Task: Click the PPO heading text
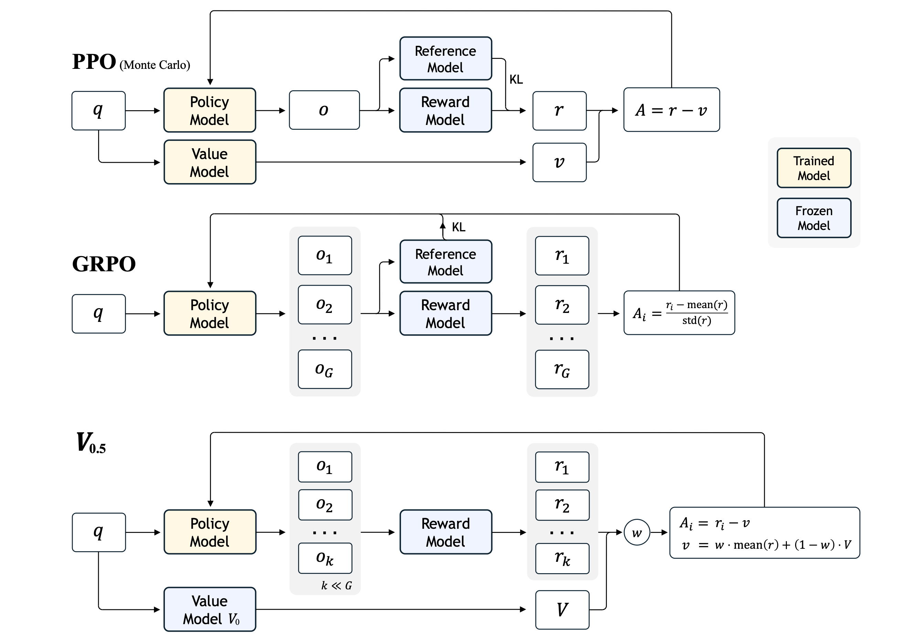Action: pos(94,62)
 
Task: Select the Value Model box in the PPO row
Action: pos(210,162)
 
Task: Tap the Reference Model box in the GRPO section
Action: pos(445,262)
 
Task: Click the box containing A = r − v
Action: pos(671,110)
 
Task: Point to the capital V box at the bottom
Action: pos(562,609)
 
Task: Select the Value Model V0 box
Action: pos(210,609)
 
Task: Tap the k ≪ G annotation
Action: pos(336,586)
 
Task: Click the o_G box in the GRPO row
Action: pos(325,369)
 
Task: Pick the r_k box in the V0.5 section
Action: pos(562,558)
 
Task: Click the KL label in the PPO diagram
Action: pos(516,80)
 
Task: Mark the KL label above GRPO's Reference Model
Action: pos(458,227)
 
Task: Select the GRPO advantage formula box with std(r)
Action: pos(679,313)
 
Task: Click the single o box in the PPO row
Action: pos(324,110)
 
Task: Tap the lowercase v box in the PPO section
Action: pos(559,162)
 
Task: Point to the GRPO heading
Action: pos(104,264)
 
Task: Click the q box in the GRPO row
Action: pos(99,314)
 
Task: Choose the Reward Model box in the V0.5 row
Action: pos(445,532)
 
